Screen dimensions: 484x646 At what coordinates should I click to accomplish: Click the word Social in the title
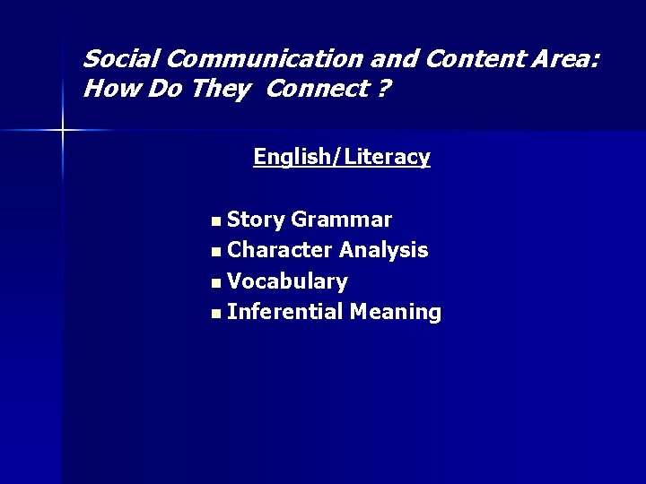[x=121, y=60]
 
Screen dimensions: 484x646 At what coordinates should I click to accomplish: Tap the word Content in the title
[x=467, y=60]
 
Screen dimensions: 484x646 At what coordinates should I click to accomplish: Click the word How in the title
[x=104, y=90]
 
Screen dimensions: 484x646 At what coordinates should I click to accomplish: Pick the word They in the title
[x=219, y=90]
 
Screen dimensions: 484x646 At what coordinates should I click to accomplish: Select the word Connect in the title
[x=313, y=90]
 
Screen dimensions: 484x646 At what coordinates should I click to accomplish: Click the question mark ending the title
[x=384, y=90]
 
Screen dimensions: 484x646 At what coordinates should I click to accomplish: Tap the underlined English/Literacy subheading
[x=342, y=157]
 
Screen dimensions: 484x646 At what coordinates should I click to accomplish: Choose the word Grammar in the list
[x=342, y=220]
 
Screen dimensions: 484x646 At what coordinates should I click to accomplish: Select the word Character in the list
[x=280, y=250]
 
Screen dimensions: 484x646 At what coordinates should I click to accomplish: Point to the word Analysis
[x=383, y=251]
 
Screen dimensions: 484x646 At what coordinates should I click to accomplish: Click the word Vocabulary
[x=287, y=281]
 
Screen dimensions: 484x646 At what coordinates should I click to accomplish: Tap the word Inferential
[x=285, y=312]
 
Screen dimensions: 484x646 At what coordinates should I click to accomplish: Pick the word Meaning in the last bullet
[x=396, y=313]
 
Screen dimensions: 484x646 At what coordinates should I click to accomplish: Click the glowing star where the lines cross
[x=63, y=131]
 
